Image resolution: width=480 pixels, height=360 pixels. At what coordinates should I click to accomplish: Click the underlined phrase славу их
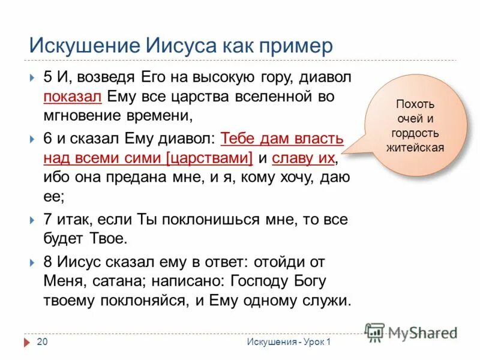tap(303, 158)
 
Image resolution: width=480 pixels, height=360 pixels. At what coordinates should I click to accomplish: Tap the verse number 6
tap(49, 139)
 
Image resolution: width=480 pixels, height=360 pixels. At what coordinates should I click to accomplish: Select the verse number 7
tap(49, 220)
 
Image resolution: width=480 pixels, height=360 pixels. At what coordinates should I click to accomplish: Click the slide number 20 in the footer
tap(42, 342)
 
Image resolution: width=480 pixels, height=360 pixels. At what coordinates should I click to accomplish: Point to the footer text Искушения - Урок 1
tap(288, 342)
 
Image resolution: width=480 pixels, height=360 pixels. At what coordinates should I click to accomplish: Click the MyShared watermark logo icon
tap(375, 331)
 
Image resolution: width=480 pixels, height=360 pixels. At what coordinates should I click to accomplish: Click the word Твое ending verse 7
tap(106, 238)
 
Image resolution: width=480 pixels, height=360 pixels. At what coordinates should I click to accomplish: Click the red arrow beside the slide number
tap(27, 342)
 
